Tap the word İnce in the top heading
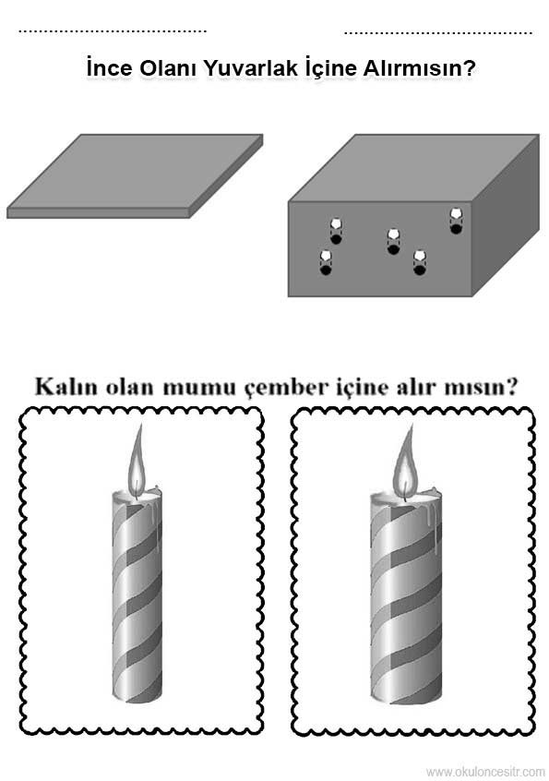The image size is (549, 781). pyautogui.click(x=109, y=67)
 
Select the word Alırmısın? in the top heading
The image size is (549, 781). pyautogui.click(x=418, y=67)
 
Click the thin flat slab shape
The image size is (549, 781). pyautogui.click(x=135, y=175)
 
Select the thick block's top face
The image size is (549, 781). pyautogui.click(x=414, y=168)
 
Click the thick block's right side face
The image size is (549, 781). pyautogui.click(x=506, y=216)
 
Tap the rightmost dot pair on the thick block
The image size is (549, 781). pyautogui.click(x=456, y=221)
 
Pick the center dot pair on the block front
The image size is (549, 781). pyautogui.click(x=393, y=241)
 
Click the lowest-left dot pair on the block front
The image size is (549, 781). pyautogui.click(x=326, y=262)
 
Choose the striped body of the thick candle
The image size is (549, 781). pyautogui.click(x=406, y=602)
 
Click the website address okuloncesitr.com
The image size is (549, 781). pyautogui.click(x=486, y=771)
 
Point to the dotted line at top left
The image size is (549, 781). pyautogui.click(x=113, y=31)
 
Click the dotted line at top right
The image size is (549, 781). pyautogui.click(x=438, y=33)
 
